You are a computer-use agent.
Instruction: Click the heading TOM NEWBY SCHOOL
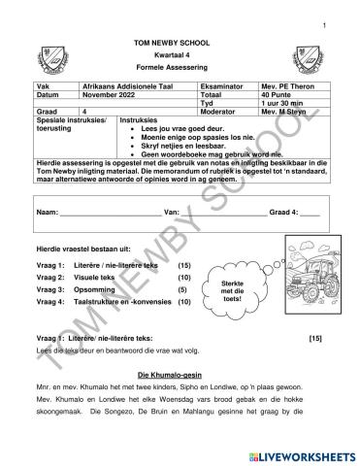pos(180,46)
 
